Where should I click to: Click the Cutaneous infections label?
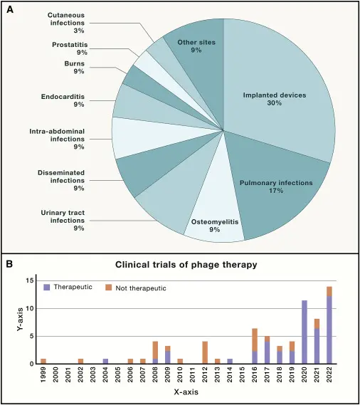tap(66, 23)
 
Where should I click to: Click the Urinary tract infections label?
tap(63, 221)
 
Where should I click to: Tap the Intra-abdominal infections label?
tap(57, 139)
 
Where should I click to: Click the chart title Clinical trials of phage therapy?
tap(186, 265)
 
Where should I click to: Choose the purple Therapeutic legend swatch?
tap(47, 288)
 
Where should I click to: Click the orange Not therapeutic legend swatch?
tap(109, 288)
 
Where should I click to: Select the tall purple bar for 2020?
tap(305, 332)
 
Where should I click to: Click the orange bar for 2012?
tap(205, 352)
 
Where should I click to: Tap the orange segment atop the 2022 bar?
tap(329, 291)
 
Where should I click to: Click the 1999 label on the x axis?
tap(43, 374)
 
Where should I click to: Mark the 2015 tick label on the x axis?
tap(242, 374)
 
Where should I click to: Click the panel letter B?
tap(9, 265)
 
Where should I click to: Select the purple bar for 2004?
tap(105, 362)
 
